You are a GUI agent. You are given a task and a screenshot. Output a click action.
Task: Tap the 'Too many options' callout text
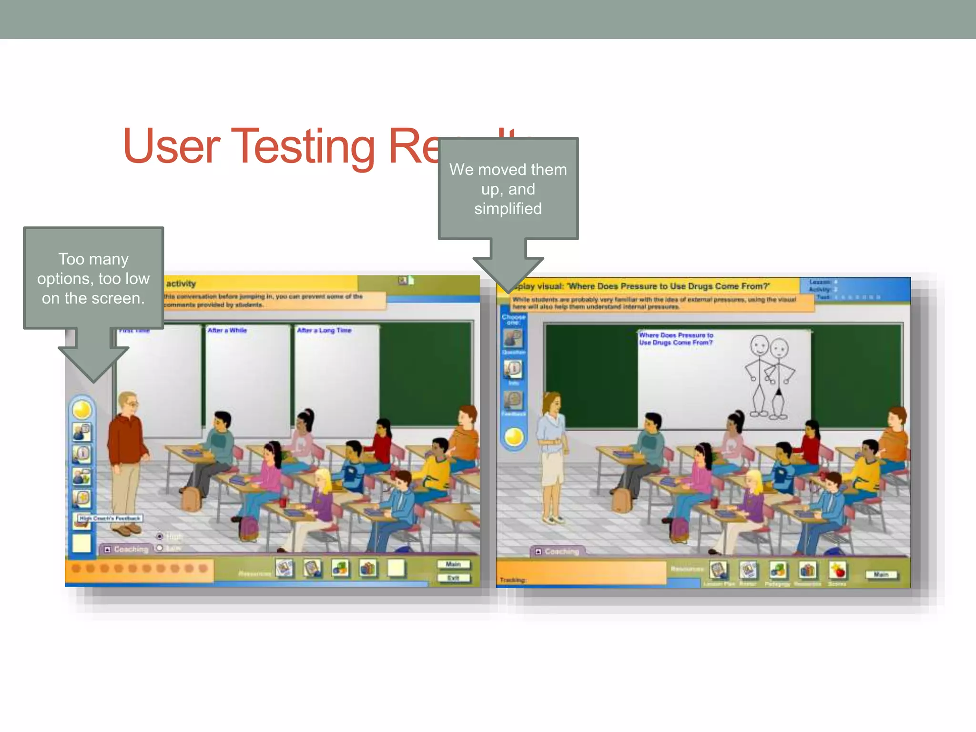pyautogui.click(x=93, y=278)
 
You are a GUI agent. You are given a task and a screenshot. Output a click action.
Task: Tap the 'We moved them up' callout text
pyautogui.click(x=508, y=189)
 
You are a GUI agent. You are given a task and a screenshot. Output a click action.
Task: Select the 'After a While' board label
pyautogui.click(x=227, y=330)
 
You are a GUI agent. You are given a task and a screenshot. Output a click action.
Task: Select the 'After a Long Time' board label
pyautogui.click(x=324, y=330)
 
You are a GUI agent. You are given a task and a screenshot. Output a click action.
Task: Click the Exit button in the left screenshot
pyautogui.click(x=453, y=578)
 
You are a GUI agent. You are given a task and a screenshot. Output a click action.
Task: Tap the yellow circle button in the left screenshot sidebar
pyautogui.click(x=82, y=409)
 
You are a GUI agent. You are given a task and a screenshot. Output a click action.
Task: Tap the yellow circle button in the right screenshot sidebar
pyautogui.click(x=514, y=437)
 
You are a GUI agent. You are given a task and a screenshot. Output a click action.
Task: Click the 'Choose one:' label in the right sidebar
pyautogui.click(x=513, y=319)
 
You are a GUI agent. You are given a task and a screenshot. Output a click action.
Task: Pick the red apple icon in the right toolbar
pyautogui.click(x=837, y=570)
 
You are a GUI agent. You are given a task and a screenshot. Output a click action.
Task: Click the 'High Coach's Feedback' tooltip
pyautogui.click(x=110, y=518)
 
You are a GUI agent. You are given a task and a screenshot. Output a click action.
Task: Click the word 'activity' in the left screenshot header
pyautogui.click(x=181, y=284)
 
